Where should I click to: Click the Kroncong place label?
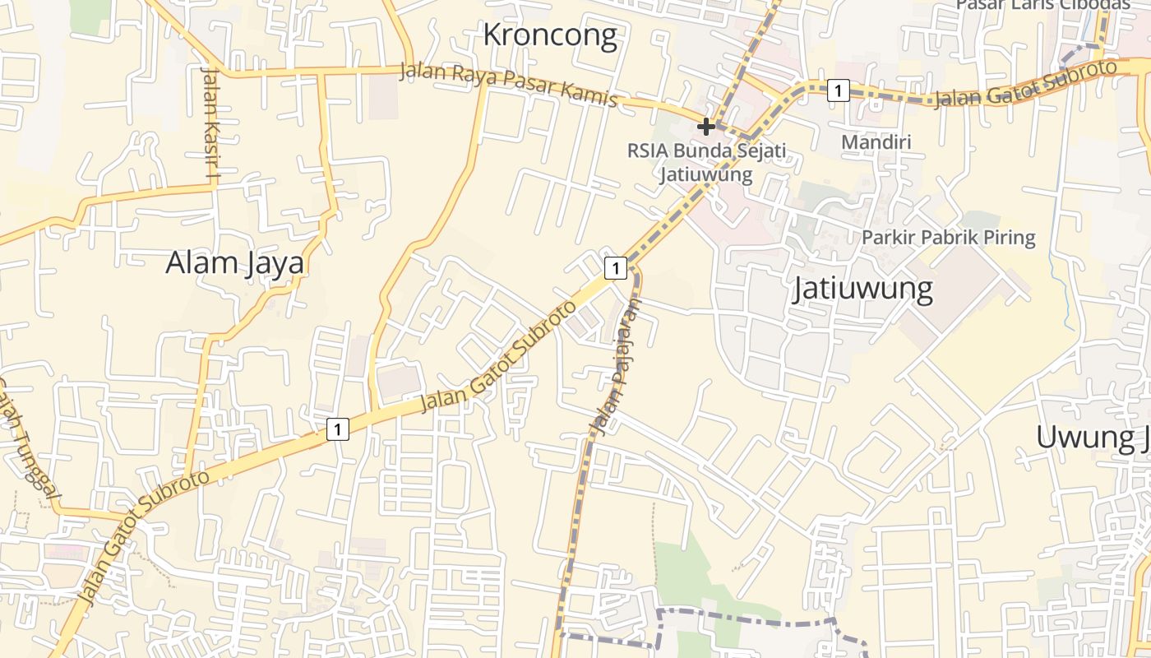[x=549, y=35]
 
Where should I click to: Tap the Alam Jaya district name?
[x=234, y=263]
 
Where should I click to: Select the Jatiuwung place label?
[x=862, y=290]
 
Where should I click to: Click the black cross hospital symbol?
[x=705, y=127]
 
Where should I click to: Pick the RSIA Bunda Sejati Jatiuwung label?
[x=706, y=162]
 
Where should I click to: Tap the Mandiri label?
[x=876, y=142]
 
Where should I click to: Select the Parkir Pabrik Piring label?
[x=948, y=238]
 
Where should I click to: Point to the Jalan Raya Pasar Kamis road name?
[x=508, y=85]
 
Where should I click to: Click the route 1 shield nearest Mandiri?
[x=837, y=90]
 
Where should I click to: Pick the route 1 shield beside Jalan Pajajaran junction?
[x=615, y=267]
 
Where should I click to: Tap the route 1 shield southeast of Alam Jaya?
[x=337, y=429]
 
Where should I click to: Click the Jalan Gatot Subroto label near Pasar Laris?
[x=1026, y=85]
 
